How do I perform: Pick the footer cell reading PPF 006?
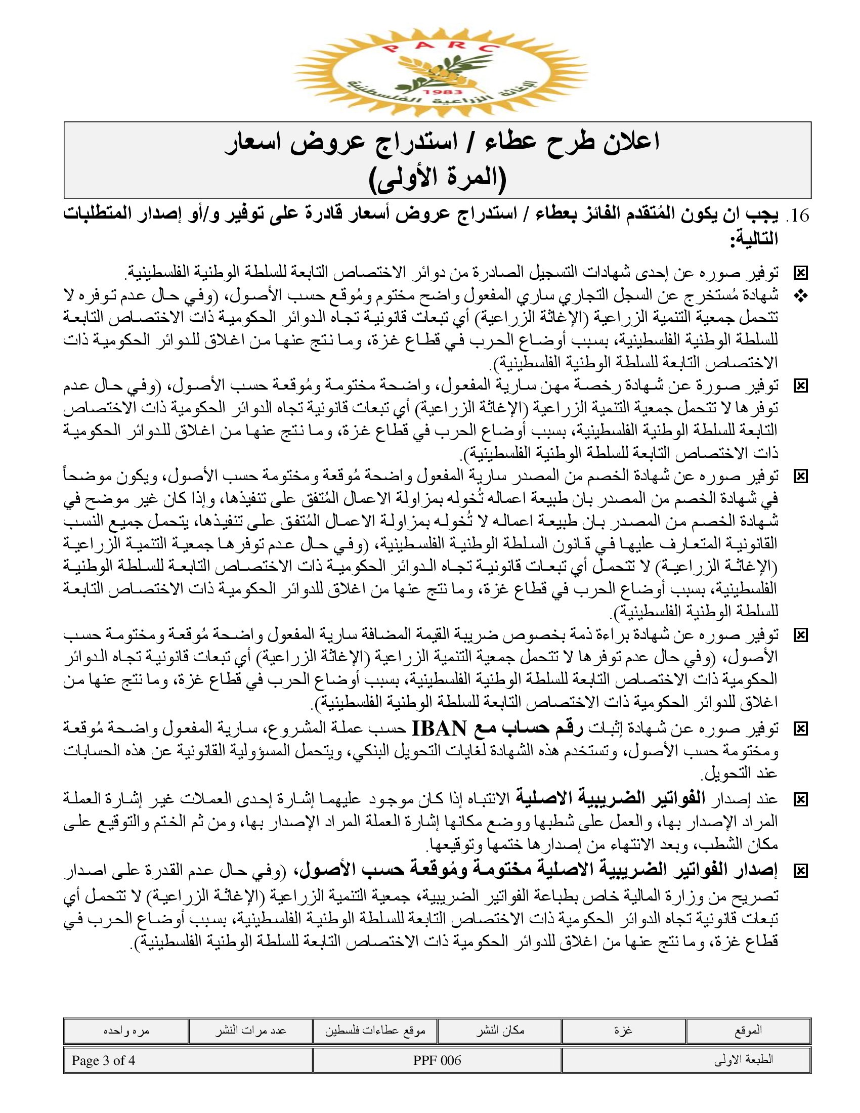(437, 1060)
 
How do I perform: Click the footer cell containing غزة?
(623, 1031)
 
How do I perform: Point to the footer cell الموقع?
(748, 1031)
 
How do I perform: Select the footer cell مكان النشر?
(500, 1031)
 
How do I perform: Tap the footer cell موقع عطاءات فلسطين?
(375, 1031)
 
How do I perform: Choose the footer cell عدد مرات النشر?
(250, 1031)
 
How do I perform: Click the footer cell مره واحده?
(126, 1031)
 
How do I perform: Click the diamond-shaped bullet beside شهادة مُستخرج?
(801, 296)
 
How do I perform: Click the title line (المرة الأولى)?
(437, 179)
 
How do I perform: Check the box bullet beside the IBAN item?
(801, 729)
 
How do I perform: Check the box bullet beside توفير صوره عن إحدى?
(801, 274)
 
